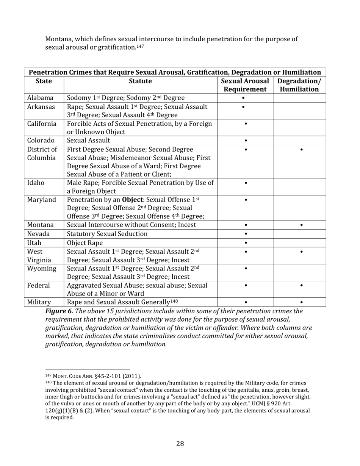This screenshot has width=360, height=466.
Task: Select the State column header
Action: pyautogui.click(x=44, y=81)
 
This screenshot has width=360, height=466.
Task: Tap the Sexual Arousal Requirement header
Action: pyautogui.click(x=245, y=85)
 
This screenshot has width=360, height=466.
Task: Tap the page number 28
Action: pyautogui.click(x=180, y=444)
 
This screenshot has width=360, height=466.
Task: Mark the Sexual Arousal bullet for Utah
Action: pyautogui.click(x=246, y=242)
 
